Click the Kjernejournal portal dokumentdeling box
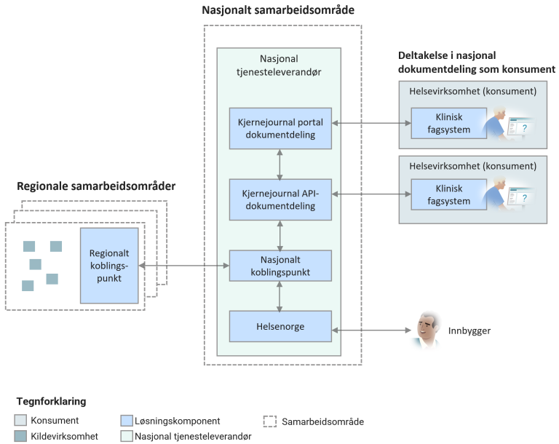pos(280,127)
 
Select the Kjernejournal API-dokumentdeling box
pos(280,199)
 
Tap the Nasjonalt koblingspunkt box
pos(280,266)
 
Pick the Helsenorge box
pos(280,325)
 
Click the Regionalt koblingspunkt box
pos(109,265)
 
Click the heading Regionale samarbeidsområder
pos(96,187)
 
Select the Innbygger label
pos(469,330)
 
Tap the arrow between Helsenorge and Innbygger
pos(370,330)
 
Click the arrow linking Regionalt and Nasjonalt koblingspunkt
pos(183,267)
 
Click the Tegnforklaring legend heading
pos(52,401)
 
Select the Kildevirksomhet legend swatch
pos(22,435)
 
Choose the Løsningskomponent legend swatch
pos(127,421)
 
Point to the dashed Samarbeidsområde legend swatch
pos(269,421)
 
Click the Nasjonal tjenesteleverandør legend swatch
pos(127,435)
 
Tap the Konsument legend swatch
pos(22,421)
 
